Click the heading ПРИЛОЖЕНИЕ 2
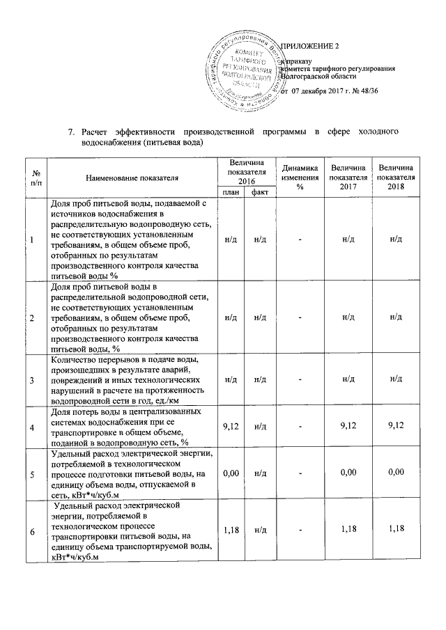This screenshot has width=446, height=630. click(309, 47)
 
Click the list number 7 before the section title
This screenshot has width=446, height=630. click(70, 132)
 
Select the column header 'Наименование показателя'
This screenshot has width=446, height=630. click(132, 178)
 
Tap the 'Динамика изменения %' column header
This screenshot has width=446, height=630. click(300, 178)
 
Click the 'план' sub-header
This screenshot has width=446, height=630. click(229, 192)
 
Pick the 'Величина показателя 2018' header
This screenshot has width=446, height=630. click(396, 178)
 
